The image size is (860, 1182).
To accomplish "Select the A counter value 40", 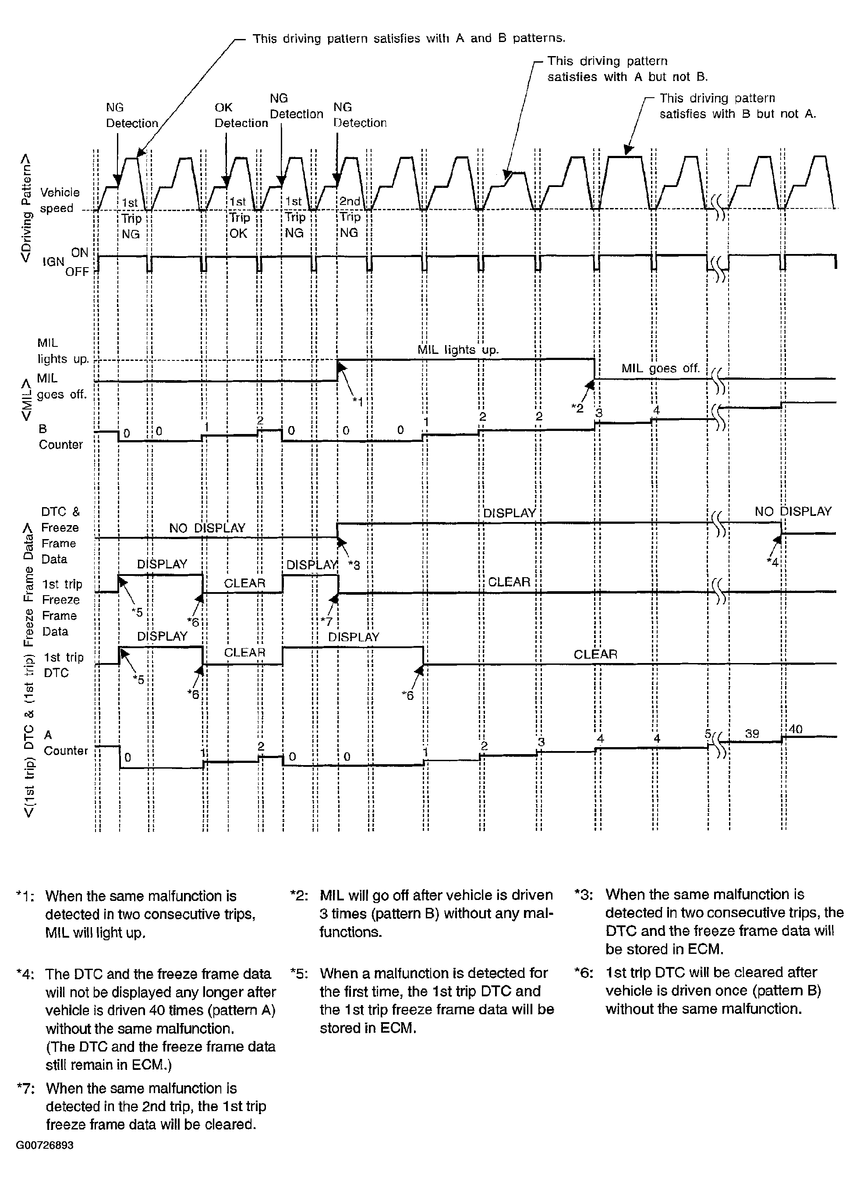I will (x=795, y=729).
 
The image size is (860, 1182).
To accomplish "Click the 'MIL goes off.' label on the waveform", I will (x=660, y=368).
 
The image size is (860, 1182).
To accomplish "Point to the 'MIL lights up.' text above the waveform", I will (x=458, y=350).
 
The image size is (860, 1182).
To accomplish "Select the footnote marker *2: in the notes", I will (x=299, y=895).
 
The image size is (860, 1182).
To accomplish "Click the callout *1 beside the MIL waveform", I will (x=357, y=401).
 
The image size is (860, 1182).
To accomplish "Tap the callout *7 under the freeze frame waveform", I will (x=326, y=621).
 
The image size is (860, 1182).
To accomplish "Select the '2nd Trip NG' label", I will (x=350, y=217).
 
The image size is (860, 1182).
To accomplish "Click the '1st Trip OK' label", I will (x=239, y=217).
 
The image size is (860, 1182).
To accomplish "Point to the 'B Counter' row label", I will (x=60, y=437).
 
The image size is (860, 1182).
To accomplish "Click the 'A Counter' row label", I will (x=65, y=743).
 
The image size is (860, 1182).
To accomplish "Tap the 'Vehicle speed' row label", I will (x=59, y=200).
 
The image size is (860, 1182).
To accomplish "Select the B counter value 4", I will (x=656, y=411).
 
